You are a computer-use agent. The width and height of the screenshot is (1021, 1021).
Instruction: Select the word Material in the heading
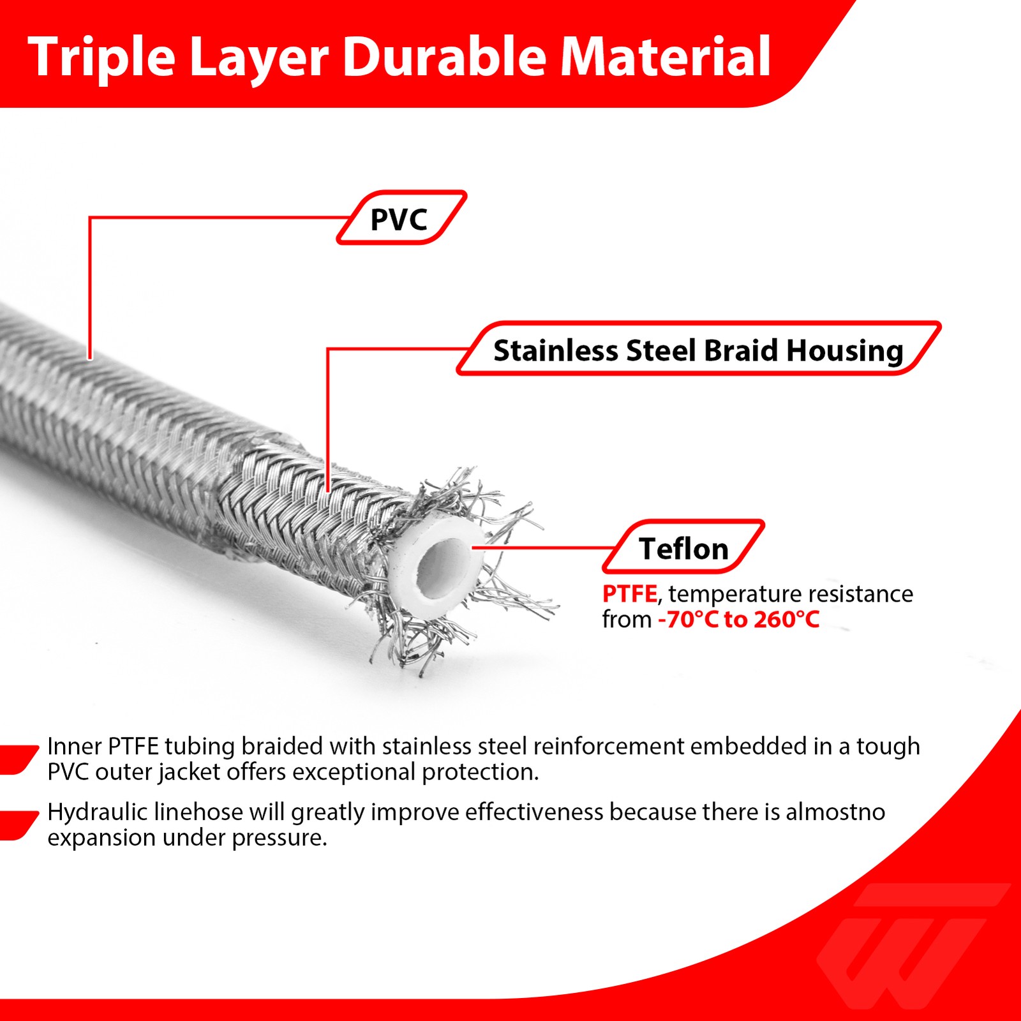pos(666,57)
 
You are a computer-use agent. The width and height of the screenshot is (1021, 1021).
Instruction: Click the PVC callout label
pos(401,218)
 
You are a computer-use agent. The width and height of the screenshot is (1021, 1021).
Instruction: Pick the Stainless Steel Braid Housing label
pos(699,348)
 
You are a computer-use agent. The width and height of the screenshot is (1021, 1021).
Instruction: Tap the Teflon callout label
pos(683,547)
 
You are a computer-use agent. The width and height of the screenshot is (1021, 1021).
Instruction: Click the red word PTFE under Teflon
pos(629,593)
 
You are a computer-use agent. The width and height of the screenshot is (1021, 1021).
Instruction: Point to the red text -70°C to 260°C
pos(738,620)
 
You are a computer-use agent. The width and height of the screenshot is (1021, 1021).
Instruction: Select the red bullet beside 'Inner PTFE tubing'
pos(18,759)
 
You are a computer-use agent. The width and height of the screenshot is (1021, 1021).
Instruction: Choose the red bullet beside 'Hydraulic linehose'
pos(18,825)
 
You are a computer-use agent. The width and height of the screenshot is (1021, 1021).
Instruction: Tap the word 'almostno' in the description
pos(835,812)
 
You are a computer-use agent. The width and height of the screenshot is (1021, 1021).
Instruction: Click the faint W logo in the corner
pos(913,944)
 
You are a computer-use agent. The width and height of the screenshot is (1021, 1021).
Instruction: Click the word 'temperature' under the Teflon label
pos(727,595)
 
